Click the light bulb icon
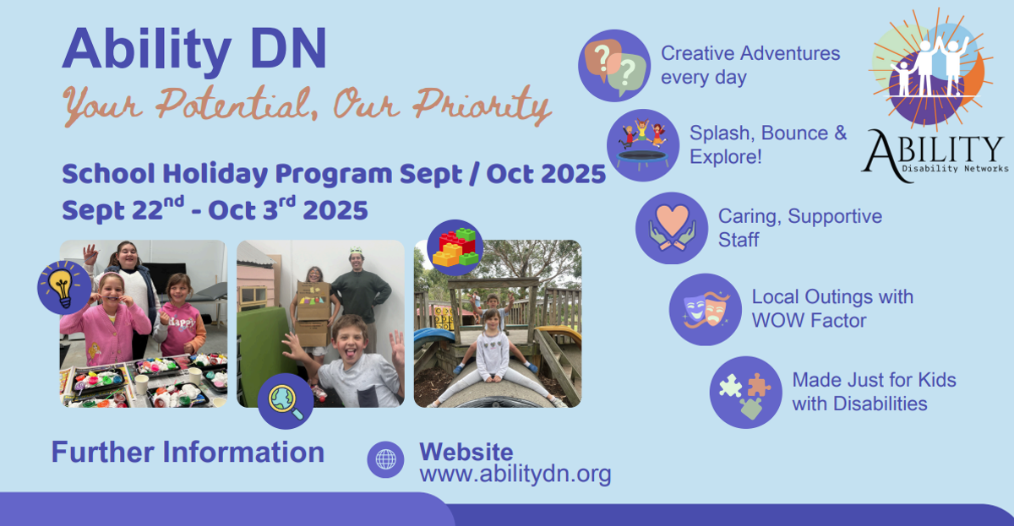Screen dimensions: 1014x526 (64, 287)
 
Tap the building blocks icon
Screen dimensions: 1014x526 (455, 248)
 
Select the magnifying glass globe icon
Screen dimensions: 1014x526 (286, 401)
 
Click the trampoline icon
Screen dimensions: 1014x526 (643, 145)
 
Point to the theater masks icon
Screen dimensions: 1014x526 (706, 310)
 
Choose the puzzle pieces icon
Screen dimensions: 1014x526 (745, 392)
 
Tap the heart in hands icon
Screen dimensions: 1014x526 (672, 228)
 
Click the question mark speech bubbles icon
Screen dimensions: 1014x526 (614, 66)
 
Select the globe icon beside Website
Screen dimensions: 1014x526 (385, 459)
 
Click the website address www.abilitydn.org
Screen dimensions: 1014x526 (515, 474)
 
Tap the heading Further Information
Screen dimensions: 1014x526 (188, 452)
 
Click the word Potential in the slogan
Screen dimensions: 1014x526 (234, 104)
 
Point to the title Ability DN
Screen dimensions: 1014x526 (194, 49)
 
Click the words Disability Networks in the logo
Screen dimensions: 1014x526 (955, 169)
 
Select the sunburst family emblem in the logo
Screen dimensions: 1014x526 (930, 68)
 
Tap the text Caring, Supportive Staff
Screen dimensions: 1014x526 (800, 228)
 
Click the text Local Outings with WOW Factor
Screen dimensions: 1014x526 (832, 309)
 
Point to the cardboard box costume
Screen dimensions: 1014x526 (313, 314)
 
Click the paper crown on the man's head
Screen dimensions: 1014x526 (357, 251)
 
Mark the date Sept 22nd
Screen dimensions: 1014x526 (123, 209)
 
